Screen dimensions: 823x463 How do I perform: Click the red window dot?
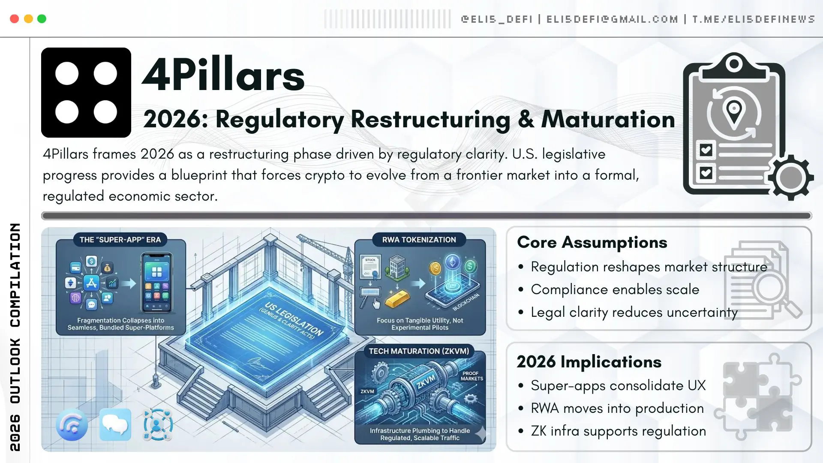(x=14, y=19)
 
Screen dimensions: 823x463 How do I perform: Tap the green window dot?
(x=42, y=19)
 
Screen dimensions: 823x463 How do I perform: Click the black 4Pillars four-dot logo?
(x=86, y=93)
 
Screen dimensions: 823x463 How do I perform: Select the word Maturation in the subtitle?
(x=608, y=119)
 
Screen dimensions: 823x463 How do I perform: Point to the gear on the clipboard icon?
(x=791, y=177)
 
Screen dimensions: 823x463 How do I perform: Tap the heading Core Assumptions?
(x=592, y=242)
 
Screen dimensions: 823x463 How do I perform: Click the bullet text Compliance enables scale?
(x=615, y=289)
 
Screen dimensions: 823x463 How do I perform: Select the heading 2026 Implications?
(x=589, y=362)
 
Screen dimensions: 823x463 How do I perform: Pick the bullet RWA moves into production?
(x=617, y=408)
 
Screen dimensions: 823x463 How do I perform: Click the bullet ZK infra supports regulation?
(x=618, y=431)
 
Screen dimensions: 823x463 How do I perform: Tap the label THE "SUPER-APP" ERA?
(x=120, y=240)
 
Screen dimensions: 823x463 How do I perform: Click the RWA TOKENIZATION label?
(x=419, y=240)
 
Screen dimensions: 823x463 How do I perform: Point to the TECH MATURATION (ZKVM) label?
(x=419, y=351)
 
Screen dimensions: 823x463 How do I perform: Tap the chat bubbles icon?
(x=115, y=424)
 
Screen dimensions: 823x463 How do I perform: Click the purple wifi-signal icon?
(x=72, y=425)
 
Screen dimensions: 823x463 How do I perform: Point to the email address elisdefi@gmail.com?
(x=612, y=19)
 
